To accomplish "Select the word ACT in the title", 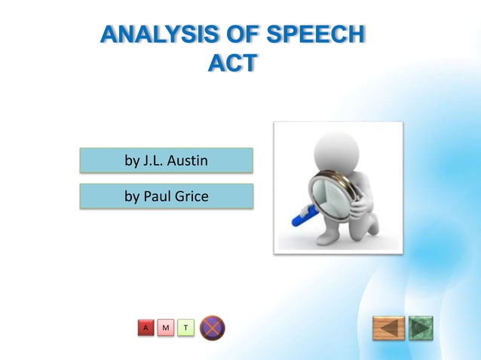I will (x=231, y=65).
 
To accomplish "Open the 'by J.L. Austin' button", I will (x=167, y=160).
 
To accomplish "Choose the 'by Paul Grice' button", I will (x=167, y=197).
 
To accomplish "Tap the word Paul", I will (x=158, y=197).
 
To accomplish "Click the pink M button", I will (x=165, y=328).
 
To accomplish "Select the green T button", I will (x=185, y=328).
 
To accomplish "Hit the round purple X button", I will (x=213, y=328).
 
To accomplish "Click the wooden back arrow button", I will (x=388, y=328).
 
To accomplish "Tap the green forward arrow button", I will (x=421, y=328).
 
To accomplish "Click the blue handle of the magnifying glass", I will (x=302, y=217).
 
